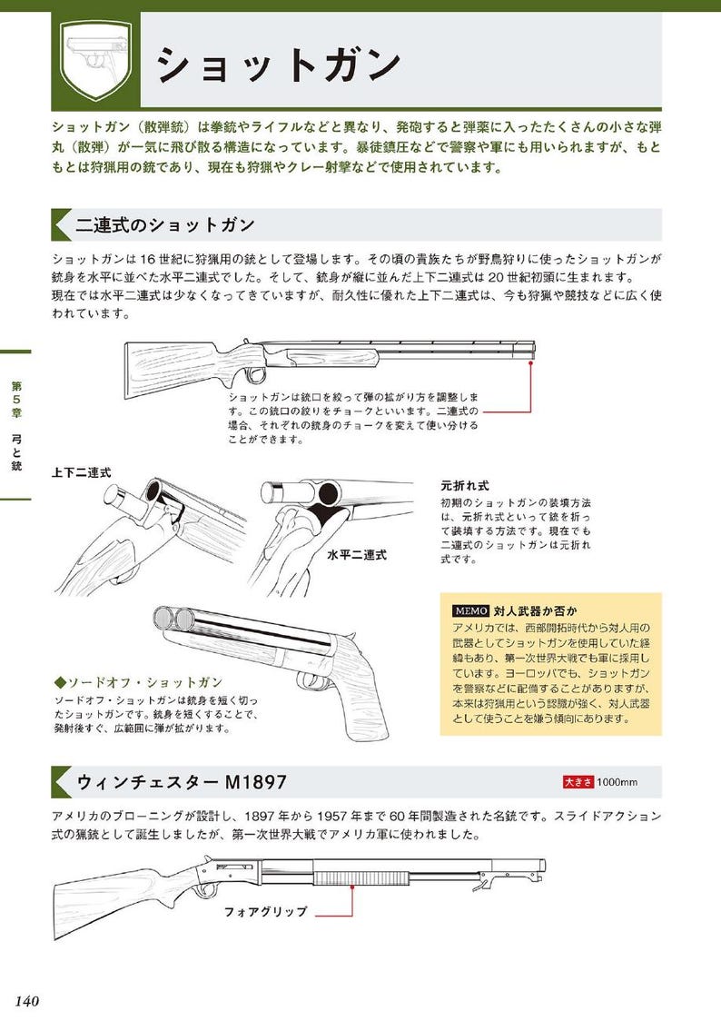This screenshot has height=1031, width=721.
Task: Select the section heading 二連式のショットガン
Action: (165, 225)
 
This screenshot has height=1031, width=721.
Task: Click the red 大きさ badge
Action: (578, 781)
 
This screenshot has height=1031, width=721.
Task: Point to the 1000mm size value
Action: (617, 781)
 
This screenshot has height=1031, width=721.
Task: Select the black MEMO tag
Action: (470, 610)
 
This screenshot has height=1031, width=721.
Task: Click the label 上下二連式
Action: (82, 473)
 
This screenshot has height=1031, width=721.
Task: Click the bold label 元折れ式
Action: (466, 485)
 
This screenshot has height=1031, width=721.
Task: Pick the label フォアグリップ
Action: (266, 911)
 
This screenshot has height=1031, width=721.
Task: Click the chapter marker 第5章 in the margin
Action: (16, 400)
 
